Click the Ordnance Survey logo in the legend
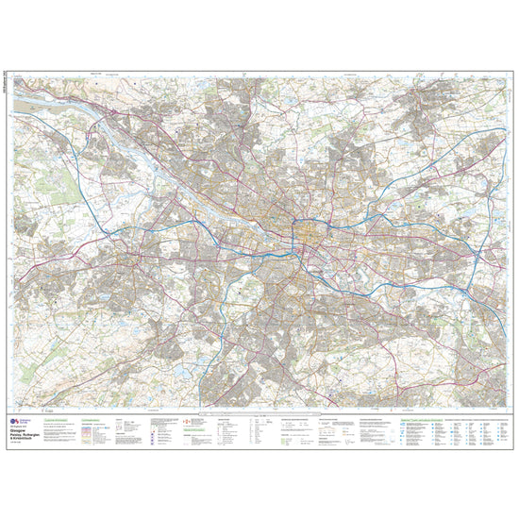16,422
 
